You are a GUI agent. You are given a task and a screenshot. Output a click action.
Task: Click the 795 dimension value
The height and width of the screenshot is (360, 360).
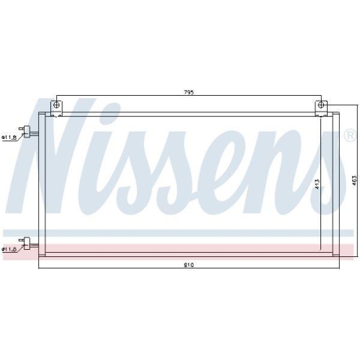point(189,93)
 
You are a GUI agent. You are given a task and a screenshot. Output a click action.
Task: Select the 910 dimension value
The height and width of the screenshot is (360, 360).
point(188,265)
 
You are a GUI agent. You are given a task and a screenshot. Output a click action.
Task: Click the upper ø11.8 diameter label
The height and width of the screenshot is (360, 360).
point(9,137)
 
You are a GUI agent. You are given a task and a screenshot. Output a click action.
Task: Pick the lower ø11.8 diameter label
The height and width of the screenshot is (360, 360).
point(9,248)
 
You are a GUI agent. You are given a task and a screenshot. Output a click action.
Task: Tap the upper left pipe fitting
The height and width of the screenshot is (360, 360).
point(30,131)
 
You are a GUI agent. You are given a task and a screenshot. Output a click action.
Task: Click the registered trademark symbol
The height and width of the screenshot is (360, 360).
point(349,135)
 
